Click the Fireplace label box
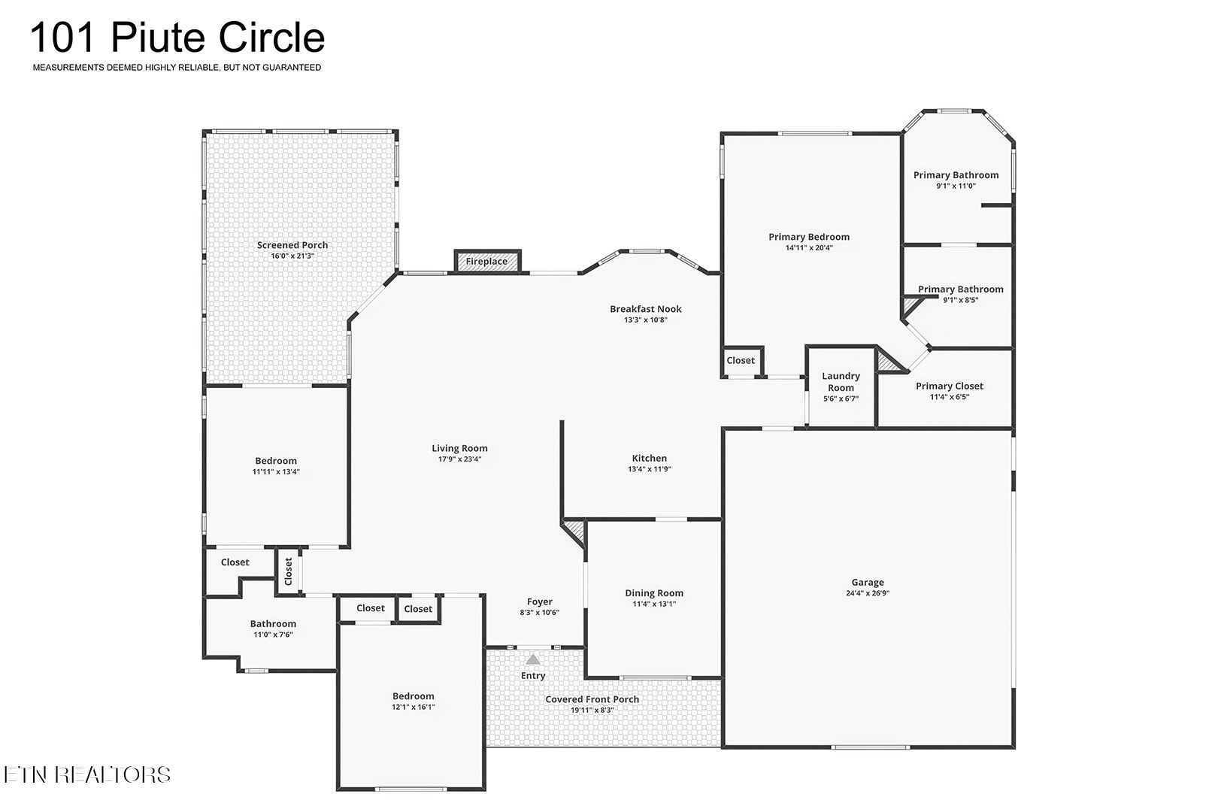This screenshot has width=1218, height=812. click(x=487, y=261)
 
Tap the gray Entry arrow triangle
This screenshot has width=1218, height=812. click(x=533, y=659)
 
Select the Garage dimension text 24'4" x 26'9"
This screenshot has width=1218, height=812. click(x=868, y=592)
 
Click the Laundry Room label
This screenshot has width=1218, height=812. click(x=841, y=382)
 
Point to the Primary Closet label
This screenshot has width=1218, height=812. click(x=950, y=386)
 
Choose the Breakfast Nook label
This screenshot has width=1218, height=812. click(x=645, y=309)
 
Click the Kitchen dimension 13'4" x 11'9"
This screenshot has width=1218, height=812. click(x=650, y=469)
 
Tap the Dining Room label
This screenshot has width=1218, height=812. click(x=654, y=592)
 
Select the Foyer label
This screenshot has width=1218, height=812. click(x=539, y=601)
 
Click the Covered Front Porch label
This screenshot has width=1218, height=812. click(x=592, y=699)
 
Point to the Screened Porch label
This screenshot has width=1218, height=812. click(x=292, y=245)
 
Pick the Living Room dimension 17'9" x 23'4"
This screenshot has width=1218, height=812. click(x=459, y=459)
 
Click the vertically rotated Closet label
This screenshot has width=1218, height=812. click(x=288, y=571)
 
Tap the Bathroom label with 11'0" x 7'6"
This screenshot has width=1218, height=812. click(x=273, y=624)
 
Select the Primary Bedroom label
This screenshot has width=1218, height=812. click(x=808, y=237)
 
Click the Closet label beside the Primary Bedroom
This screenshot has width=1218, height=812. click(x=741, y=360)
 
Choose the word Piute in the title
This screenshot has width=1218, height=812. click(x=159, y=38)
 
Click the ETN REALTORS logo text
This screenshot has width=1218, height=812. click(x=87, y=774)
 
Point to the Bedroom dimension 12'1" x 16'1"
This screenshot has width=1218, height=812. click(x=414, y=707)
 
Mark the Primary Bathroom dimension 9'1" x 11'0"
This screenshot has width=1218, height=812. click(x=956, y=186)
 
